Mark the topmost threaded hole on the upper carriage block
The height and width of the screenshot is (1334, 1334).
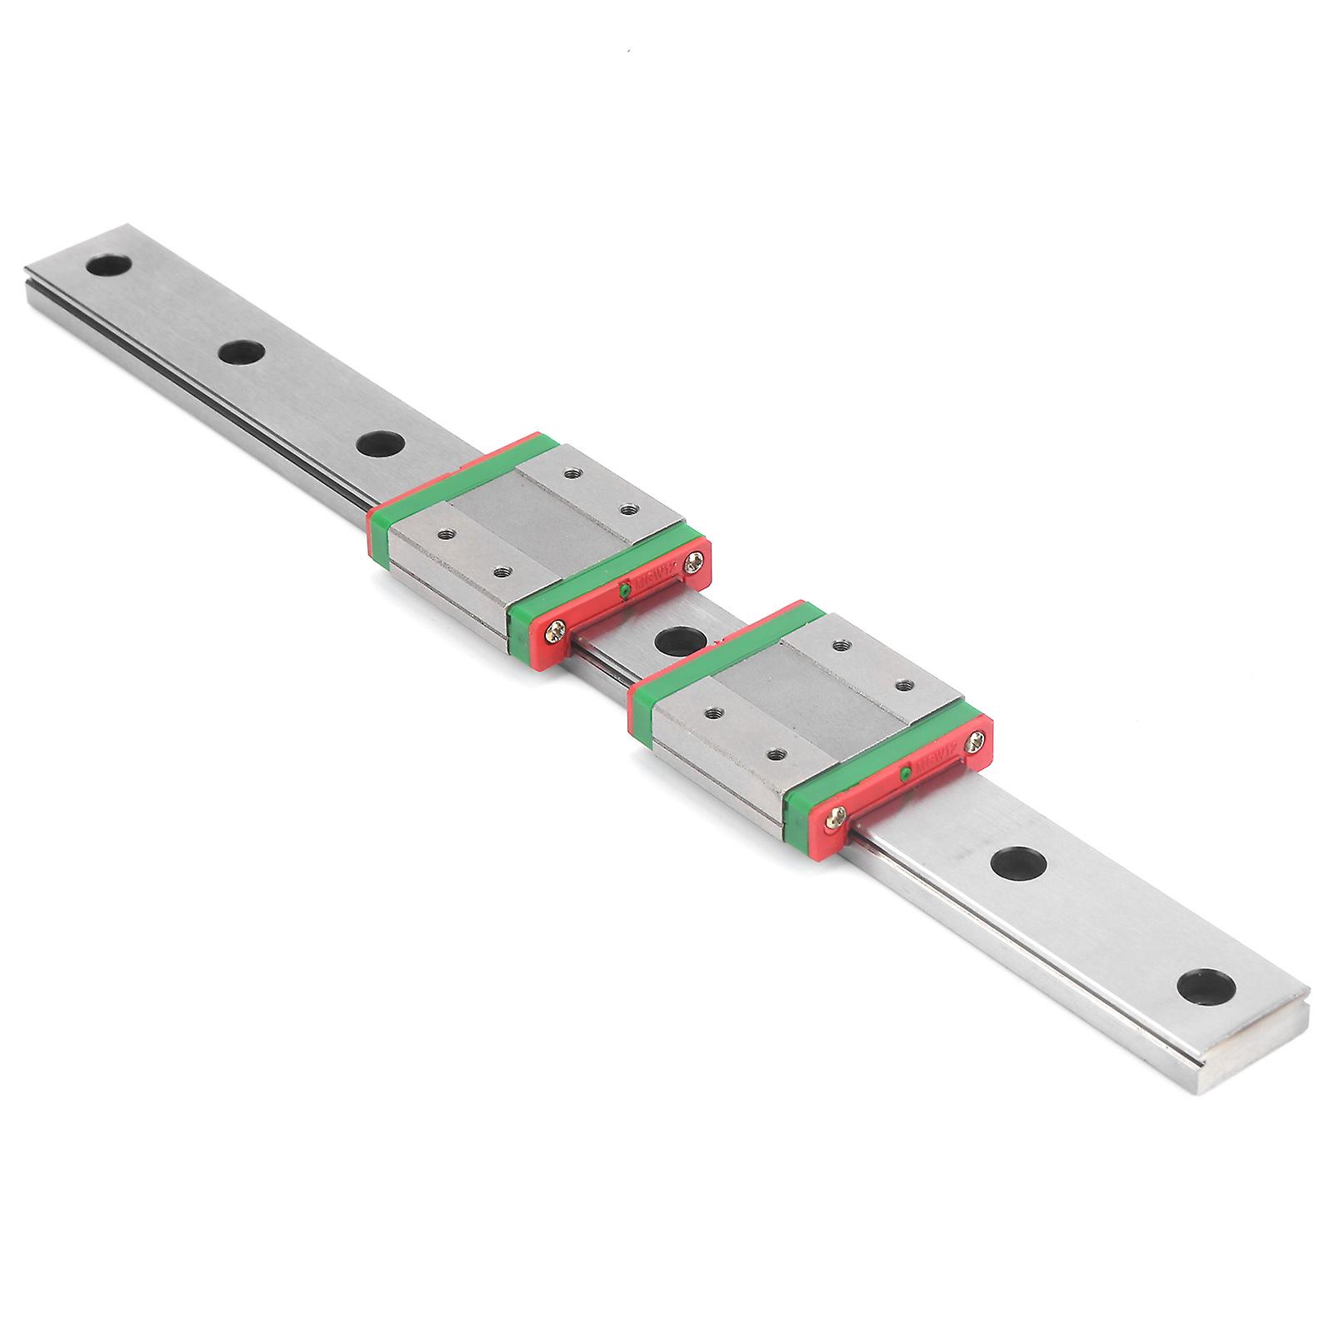(571, 474)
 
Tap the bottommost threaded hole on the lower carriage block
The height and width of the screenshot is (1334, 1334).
(777, 752)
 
